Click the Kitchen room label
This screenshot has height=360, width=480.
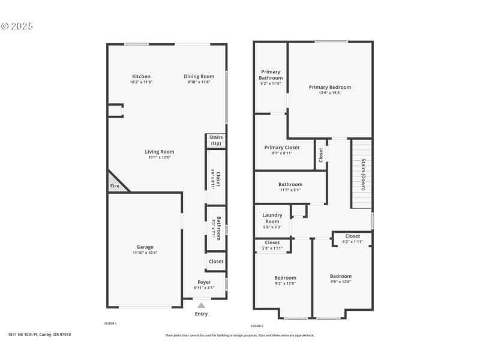[x=142, y=76]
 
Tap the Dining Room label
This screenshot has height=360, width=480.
[x=199, y=76]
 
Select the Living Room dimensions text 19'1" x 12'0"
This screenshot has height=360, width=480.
[x=160, y=157]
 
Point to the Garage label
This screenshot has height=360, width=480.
[x=145, y=247]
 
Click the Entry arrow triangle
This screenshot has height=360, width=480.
[x=202, y=305]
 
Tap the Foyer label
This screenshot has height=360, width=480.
[x=205, y=282]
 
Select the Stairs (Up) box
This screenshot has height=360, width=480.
[x=216, y=140]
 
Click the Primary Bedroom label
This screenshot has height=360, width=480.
[x=330, y=87]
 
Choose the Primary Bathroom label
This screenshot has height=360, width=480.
[x=271, y=75]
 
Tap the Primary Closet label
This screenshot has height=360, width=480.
[x=282, y=147]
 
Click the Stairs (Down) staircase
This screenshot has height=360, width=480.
[x=362, y=174]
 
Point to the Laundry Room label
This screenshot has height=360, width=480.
[x=272, y=218]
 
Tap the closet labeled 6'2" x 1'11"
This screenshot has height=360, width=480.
[x=353, y=239]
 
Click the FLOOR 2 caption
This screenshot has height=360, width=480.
[x=257, y=326]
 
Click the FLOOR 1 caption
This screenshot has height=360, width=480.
[x=110, y=323]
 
